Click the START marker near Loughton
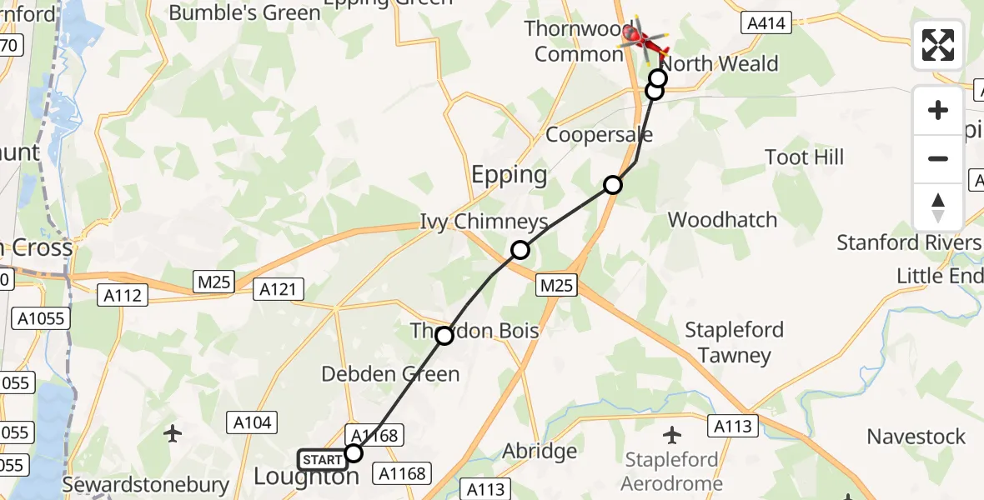click(x=322, y=460)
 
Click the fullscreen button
click(x=938, y=45)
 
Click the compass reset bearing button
click(x=938, y=207)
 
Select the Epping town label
click(x=510, y=175)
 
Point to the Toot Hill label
click(x=805, y=157)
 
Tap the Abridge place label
click(x=540, y=452)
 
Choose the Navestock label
click(x=916, y=437)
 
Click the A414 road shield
click(x=766, y=23)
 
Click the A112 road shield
click(x=123, y=294)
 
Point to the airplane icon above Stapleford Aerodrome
click(x=672, y=434)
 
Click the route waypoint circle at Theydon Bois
click(x=444, y=336)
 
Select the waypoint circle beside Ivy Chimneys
click(x=520, y=249)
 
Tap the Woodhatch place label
click(x=722, y=220)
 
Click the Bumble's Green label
click(x=244, y=12)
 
